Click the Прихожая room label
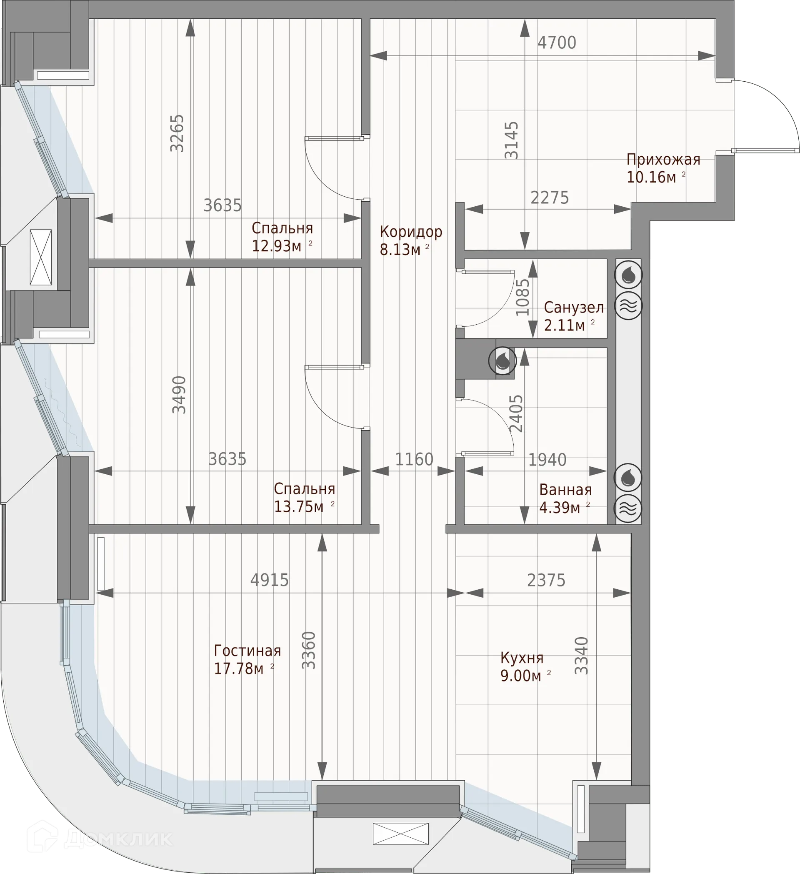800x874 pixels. click(663, 160)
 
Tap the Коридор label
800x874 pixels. click(411, 232)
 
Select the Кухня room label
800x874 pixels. click(522, 658)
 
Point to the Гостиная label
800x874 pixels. click(247, 651)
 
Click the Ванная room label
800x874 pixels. click(565, 490)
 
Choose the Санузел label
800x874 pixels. click(574, 307)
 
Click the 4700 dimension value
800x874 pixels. click(557, 43)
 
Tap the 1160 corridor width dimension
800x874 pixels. click(414, 459)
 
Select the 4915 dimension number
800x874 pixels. click(270, 580)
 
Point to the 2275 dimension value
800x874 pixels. click(550, 198)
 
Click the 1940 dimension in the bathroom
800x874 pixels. click(547, 460)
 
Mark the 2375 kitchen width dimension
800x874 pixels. click(546, 580)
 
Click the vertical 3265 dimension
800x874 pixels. click(177, 133)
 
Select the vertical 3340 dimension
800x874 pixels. click(581, 656)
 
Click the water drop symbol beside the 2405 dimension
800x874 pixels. click(502, 360)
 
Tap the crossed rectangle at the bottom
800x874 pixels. click(400, 834)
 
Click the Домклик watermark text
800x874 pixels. click(118, 839)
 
